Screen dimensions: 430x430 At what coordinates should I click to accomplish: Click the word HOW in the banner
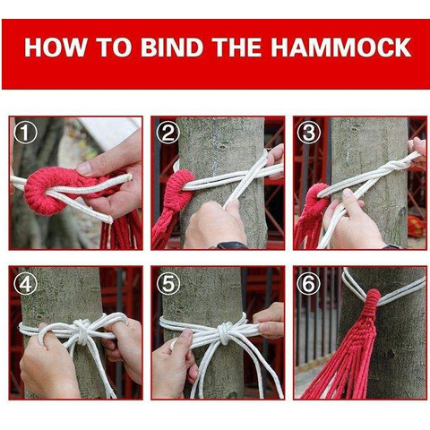(55, 47)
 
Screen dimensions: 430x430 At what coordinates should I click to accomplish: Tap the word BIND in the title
(172, 47)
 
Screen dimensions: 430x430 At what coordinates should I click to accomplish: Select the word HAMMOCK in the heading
(341, 47)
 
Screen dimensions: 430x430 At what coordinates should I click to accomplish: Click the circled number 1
(26, 133)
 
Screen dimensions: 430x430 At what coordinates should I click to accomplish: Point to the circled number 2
(168, 133)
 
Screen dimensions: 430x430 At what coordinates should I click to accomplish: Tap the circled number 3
(309, 133)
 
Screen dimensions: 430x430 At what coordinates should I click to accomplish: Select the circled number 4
(26, 283)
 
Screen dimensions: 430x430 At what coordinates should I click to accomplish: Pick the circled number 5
(168, 283)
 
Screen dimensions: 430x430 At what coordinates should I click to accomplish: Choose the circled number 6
(309, 283)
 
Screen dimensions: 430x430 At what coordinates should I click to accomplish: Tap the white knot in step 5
(225, 332)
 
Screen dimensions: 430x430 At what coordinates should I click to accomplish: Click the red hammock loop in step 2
(178, 186)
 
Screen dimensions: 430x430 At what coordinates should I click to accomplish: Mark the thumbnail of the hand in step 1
(84, 168)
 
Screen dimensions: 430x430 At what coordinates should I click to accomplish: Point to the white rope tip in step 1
(129, 177)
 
